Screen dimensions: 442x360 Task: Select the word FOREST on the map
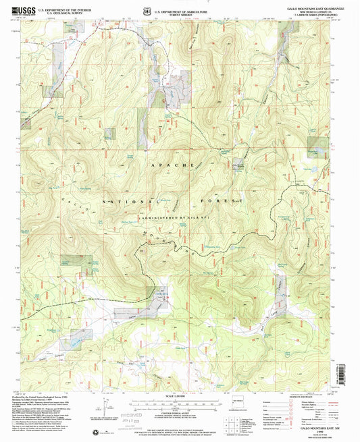coord(215,201)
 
